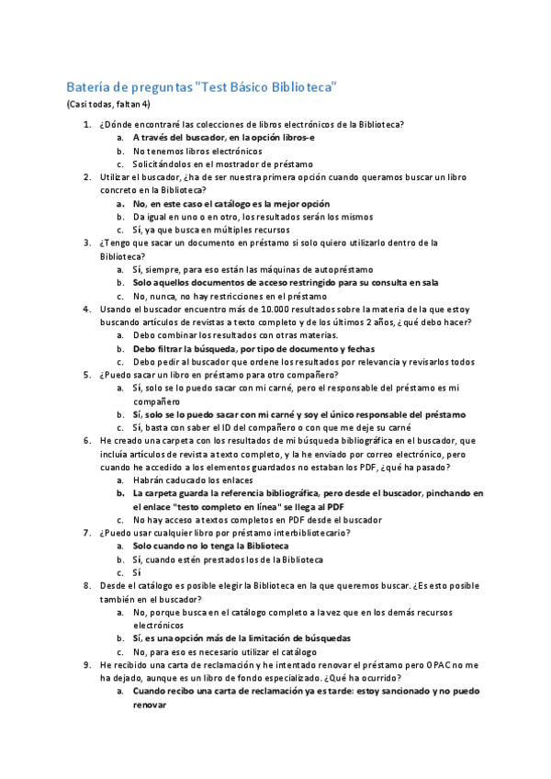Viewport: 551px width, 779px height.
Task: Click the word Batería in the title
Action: [86, 87]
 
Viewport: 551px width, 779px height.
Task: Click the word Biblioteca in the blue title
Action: [304, 87]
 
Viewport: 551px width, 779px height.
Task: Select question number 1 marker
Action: [87, 124]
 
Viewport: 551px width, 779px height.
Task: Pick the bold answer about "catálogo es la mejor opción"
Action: [231, 203]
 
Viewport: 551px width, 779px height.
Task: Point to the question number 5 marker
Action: [87, 375]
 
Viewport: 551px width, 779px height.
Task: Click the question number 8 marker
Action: [87, 585]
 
